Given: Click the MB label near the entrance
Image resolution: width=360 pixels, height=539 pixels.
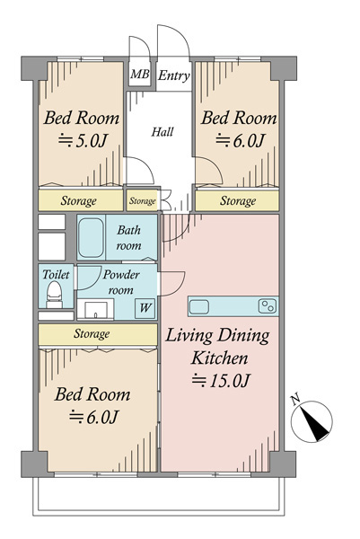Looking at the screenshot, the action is pyautogui.click(x=140, y=75).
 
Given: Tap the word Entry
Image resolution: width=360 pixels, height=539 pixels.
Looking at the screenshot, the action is pyautogui.click(x=174, y=75).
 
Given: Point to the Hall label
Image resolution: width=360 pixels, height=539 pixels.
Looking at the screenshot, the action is pyautogui.click(x=162, y=132).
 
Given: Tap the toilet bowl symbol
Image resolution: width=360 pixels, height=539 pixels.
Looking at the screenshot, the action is pyautogui.click(x=54, y=295).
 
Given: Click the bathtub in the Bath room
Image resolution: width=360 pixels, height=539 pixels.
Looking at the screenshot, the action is pyautogui.click(x=91, y=238).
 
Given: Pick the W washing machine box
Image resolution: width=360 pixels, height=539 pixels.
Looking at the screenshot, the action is pyautogui.click(x=145, y=308).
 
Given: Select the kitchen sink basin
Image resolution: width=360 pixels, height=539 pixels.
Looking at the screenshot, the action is pyautogui.click(x=199, y=306).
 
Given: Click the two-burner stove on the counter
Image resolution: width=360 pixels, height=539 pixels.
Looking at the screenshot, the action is pyautogui.click(x=268, y=306).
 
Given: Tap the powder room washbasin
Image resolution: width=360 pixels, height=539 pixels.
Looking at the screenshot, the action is pyautogui.click(x=95, y=309).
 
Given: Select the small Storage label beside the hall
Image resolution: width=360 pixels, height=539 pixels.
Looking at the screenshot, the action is pyautogui.click(x=143, y=200).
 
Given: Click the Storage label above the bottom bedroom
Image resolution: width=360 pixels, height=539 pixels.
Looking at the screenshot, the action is pyautogui.click(x=92, y=334).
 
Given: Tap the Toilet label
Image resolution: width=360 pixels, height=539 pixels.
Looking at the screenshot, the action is pyautogui.click(x=56, y=274).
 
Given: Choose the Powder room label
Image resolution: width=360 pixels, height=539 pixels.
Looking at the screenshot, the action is pyautogui.click(x=121, y=282).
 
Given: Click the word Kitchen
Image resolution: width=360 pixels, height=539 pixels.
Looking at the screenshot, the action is pyautogui.click(x=219, y=358).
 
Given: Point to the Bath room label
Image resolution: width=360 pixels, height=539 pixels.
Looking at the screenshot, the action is pyautogui.click(x=128, y=237).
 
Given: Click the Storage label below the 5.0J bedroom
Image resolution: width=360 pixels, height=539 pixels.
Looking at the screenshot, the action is pyautogui.click(x=78, y=200).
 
